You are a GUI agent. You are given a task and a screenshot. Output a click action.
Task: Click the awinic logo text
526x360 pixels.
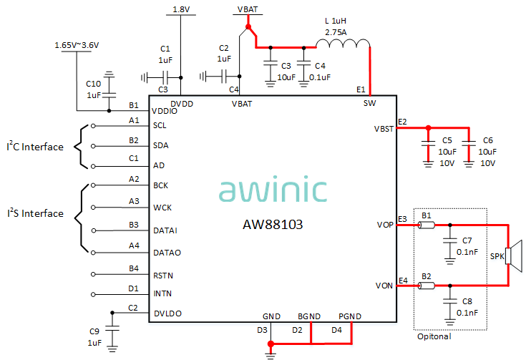point(273,190)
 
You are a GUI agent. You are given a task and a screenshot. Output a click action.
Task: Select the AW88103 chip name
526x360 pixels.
point(272,225)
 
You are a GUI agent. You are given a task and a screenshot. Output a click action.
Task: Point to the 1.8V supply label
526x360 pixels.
point(182,9)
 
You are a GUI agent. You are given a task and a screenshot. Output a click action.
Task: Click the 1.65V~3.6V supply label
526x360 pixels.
point(77,45)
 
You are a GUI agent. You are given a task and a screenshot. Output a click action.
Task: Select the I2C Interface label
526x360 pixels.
point(35,147)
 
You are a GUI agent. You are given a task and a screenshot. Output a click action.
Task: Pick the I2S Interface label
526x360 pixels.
point(35,213)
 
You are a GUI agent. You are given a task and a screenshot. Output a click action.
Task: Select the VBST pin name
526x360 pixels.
point(384,129)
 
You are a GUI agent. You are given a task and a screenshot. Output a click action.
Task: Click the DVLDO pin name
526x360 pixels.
point(167,313)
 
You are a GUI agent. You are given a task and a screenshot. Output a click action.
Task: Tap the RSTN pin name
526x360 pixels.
point(163,275)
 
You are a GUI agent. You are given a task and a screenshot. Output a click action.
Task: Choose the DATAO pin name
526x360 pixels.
point(166,252)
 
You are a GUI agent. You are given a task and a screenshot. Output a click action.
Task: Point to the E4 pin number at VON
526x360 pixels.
point(402,280)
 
